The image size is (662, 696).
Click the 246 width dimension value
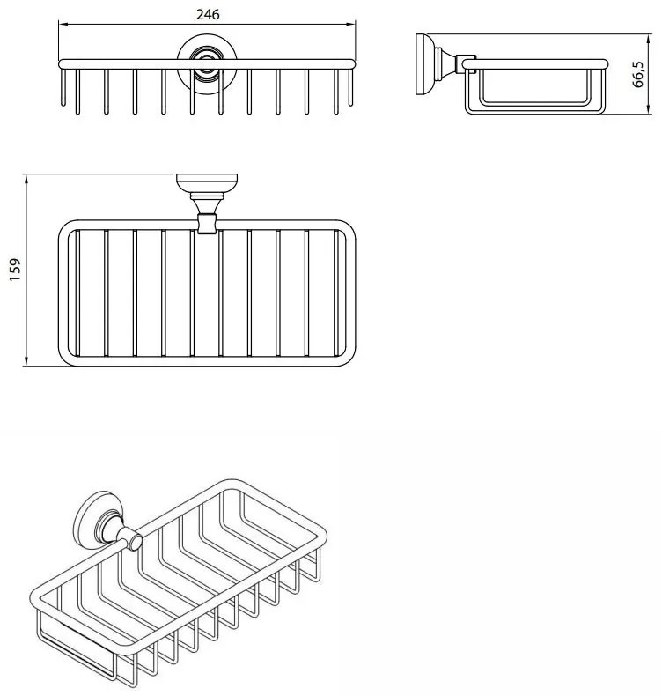pos(208,14)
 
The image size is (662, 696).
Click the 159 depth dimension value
pos(15,270)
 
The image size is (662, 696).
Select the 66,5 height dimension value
pos(638,74)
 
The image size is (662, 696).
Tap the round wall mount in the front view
pos(207,64)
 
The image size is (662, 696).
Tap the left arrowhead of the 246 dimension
pos(63,25)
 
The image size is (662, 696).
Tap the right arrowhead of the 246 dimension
pos(351,25)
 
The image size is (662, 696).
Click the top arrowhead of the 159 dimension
pos(26,179)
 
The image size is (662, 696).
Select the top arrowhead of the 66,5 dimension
pos(648,39)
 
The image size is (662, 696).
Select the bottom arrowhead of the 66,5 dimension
pos(648,109)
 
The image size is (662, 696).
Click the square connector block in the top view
pos(207,223)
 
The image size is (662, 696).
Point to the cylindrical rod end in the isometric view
pos(134,541)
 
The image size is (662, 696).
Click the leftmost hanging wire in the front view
pos(63,87)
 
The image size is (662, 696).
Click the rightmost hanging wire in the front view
pos(350,87)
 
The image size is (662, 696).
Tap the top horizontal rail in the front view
pos(207,64)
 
